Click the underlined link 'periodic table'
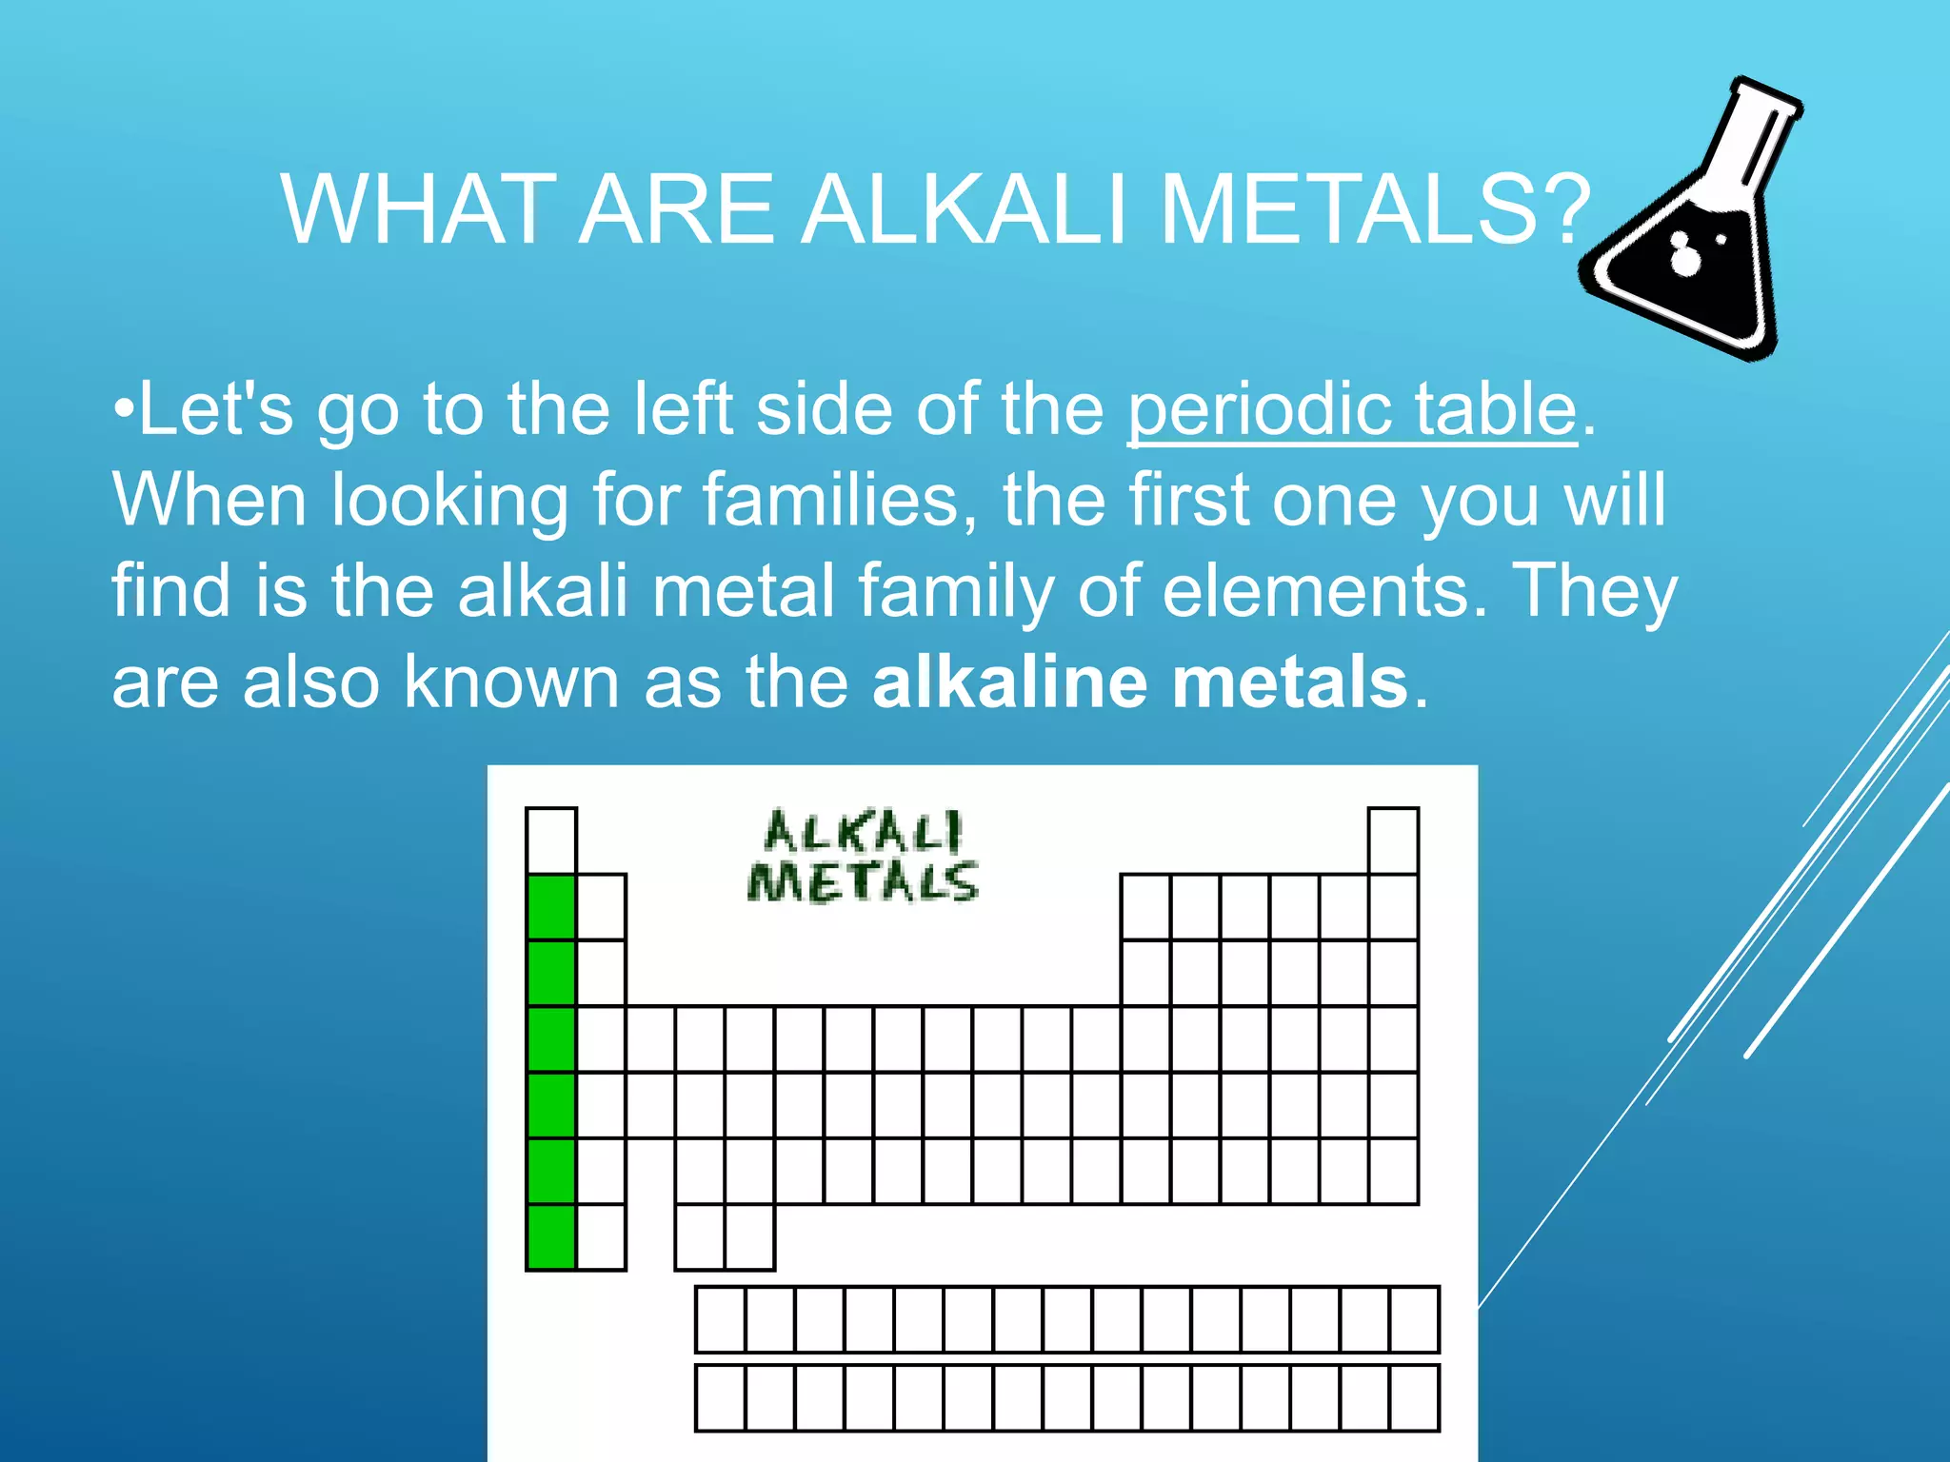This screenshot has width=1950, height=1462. coord(1352,409)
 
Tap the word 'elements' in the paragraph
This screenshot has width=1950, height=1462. coord(1323,590)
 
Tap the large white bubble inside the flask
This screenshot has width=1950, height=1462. coord(1685,258)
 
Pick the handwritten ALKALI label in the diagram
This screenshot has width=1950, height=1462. coord(864,832)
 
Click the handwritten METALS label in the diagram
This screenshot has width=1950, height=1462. coord(863,881)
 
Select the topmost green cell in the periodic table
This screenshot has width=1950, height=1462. coord(551,907)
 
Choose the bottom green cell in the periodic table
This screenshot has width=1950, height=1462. coord(551,1236)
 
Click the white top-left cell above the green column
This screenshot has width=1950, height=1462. coord(551,840)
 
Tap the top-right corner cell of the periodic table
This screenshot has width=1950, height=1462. coord(1393,840)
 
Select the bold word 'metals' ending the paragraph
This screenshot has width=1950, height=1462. coord(1289,682)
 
